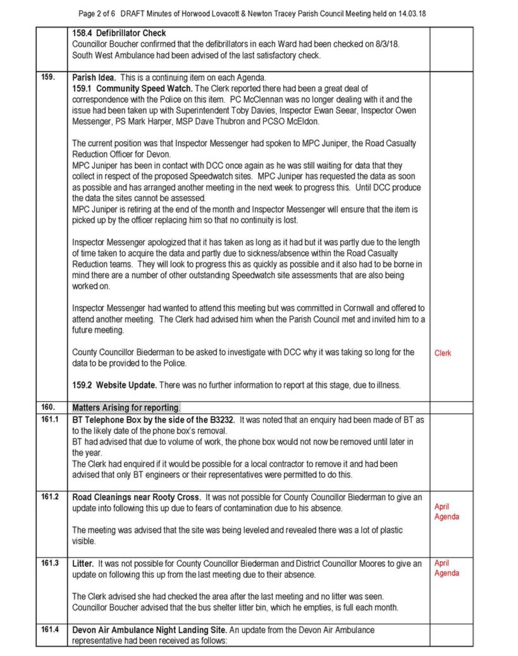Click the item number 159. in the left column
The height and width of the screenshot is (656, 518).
(48, 78)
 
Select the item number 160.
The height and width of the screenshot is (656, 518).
(48, 407)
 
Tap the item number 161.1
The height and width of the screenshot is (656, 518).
(50, 419)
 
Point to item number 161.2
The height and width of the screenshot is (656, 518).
(50, 497)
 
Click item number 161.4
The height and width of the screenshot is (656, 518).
(50, 630)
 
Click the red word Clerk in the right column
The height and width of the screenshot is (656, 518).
(443, 354)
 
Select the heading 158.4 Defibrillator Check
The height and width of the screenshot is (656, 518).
(119, 33)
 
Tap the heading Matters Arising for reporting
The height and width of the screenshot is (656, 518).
(126, 408)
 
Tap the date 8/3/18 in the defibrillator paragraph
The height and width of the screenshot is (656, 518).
(385, 44)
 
